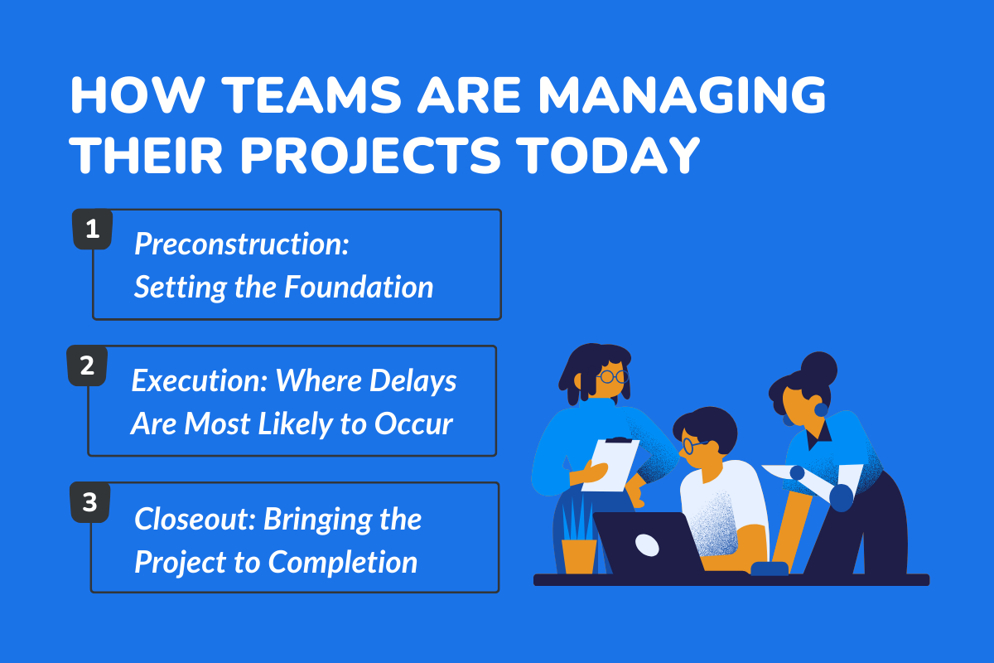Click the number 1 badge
(x=92, y=230)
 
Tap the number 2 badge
(x=86, y=366)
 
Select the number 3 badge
(x=89, y=502)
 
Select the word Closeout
(x=195, y=520)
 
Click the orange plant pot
(x=579, y=555)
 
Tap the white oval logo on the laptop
(x=647, y=544)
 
